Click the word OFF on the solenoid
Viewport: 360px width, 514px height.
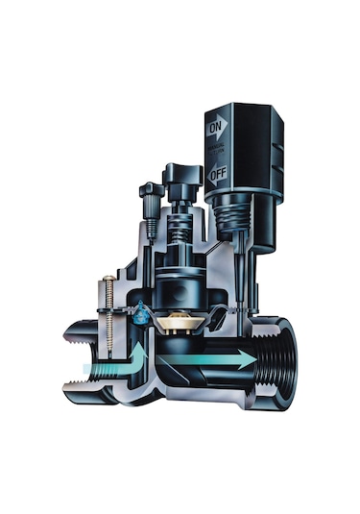(217, 176)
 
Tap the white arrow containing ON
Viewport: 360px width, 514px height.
(216, 125)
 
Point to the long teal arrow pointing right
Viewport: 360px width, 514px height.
(206, 359)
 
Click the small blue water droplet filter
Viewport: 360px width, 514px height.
(143, 310)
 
